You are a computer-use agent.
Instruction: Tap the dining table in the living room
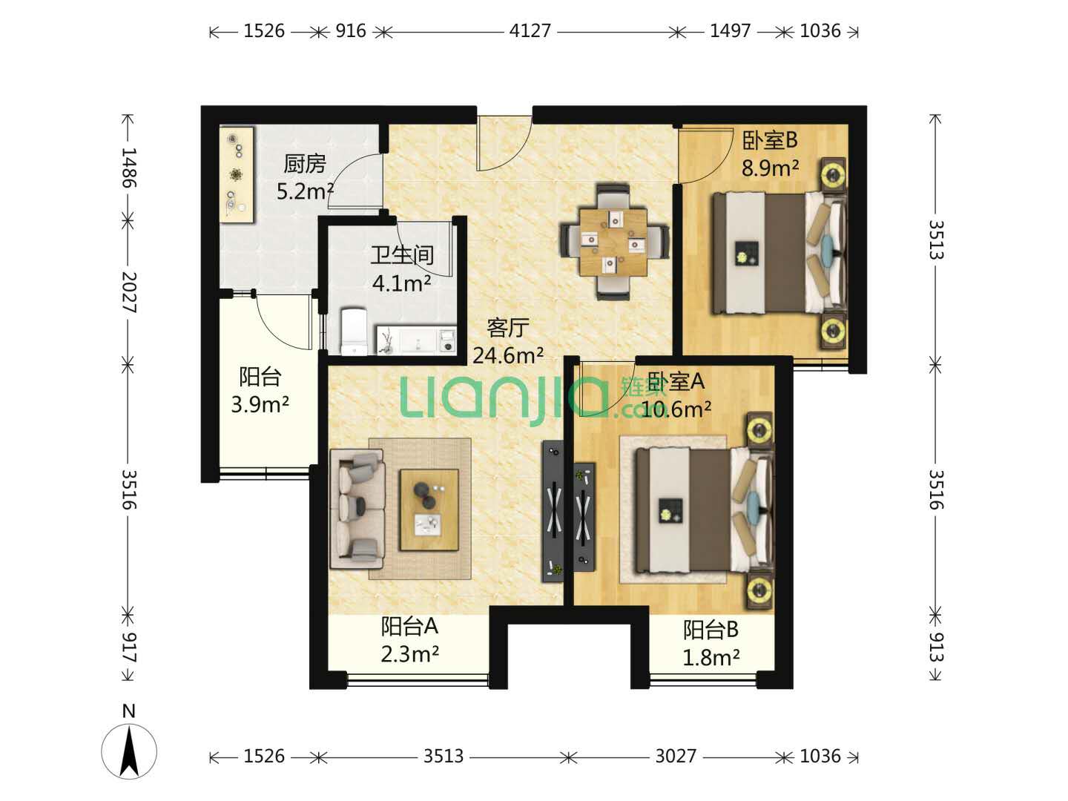(x=613, y=241)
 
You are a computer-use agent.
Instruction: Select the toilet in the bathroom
(x=354, y=331)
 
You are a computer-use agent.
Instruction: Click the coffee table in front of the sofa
(x=429, y=510)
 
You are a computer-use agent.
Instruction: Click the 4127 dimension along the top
(x=530, y=31)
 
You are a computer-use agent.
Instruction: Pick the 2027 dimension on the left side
(x=130, y=292)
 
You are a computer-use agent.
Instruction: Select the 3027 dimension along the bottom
(x=676, y=756)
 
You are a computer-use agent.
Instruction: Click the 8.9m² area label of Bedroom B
(x=770, y=168)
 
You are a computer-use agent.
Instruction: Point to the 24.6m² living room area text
(x=508, y=356)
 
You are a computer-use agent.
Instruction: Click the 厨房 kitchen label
(x=305, y=164)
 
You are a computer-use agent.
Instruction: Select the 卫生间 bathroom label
(x=402, y=255)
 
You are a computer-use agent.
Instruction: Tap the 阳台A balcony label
(x=409, y=627)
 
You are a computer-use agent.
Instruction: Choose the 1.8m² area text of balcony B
(x=711, y=658)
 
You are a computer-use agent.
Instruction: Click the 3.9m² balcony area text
(x=260, y=404)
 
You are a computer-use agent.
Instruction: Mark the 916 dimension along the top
(x=350, y=31)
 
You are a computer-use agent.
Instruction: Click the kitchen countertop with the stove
(x=237, y=175)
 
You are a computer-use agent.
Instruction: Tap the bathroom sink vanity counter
(x=417, y=340)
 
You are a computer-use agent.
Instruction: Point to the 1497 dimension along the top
(x=730, y=31)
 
